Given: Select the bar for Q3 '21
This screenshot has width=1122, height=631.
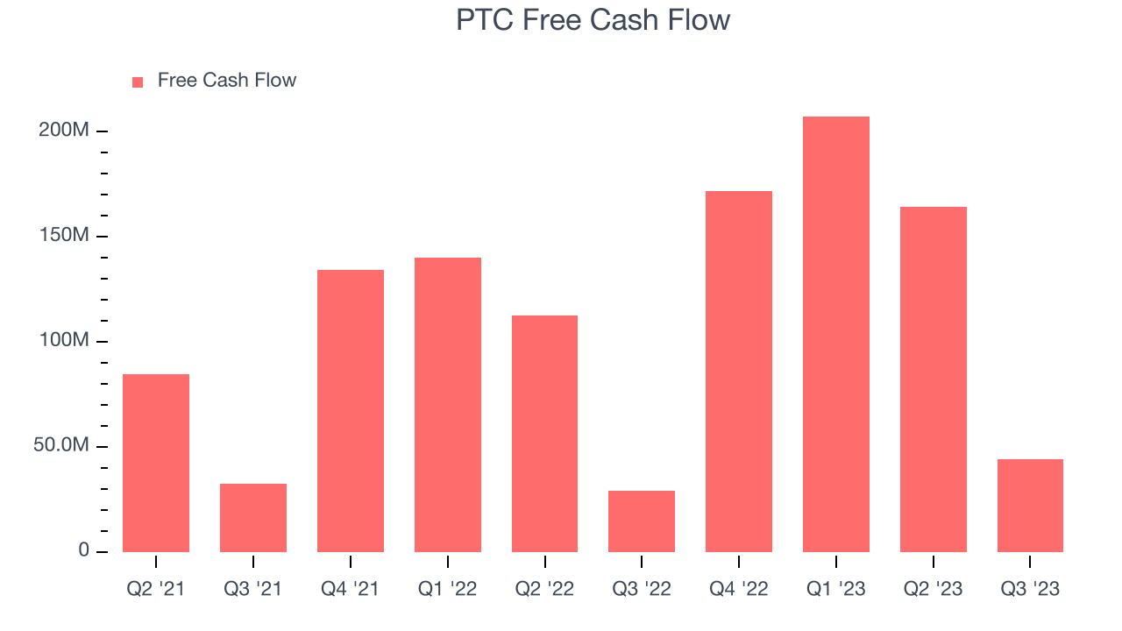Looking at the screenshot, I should (253, 518).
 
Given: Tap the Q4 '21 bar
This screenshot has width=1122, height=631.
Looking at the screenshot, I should (351, 411).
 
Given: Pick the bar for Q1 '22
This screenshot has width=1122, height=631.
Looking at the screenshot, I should (448, 405).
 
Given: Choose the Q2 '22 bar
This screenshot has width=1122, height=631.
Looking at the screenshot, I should (544, 434).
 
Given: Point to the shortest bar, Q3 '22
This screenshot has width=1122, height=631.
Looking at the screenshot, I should (642, 521).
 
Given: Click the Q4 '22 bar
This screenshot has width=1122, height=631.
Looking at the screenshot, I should (739, 372).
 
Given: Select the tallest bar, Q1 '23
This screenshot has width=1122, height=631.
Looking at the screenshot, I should (836, 334).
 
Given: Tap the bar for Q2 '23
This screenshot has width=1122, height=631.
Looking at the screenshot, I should (934, 379).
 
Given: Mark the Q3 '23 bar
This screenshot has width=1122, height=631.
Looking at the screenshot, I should (1030, 506).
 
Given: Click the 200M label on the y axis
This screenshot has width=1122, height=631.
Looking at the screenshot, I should (64, 131).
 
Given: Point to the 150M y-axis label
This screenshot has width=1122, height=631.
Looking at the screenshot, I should (64, 236).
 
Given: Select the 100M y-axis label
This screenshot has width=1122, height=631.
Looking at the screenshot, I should (64, 341).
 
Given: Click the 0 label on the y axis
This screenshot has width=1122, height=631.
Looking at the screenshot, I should (84, 551).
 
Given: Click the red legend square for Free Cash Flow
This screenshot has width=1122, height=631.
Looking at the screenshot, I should (138, 82).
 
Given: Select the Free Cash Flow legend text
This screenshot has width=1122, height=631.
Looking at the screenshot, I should (227, 81).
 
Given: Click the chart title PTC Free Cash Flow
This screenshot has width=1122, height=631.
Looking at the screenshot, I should (593, 20).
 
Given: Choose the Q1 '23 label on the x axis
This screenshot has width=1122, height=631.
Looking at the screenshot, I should (836, 589).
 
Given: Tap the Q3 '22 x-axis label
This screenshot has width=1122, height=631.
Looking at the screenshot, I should (642, 589).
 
